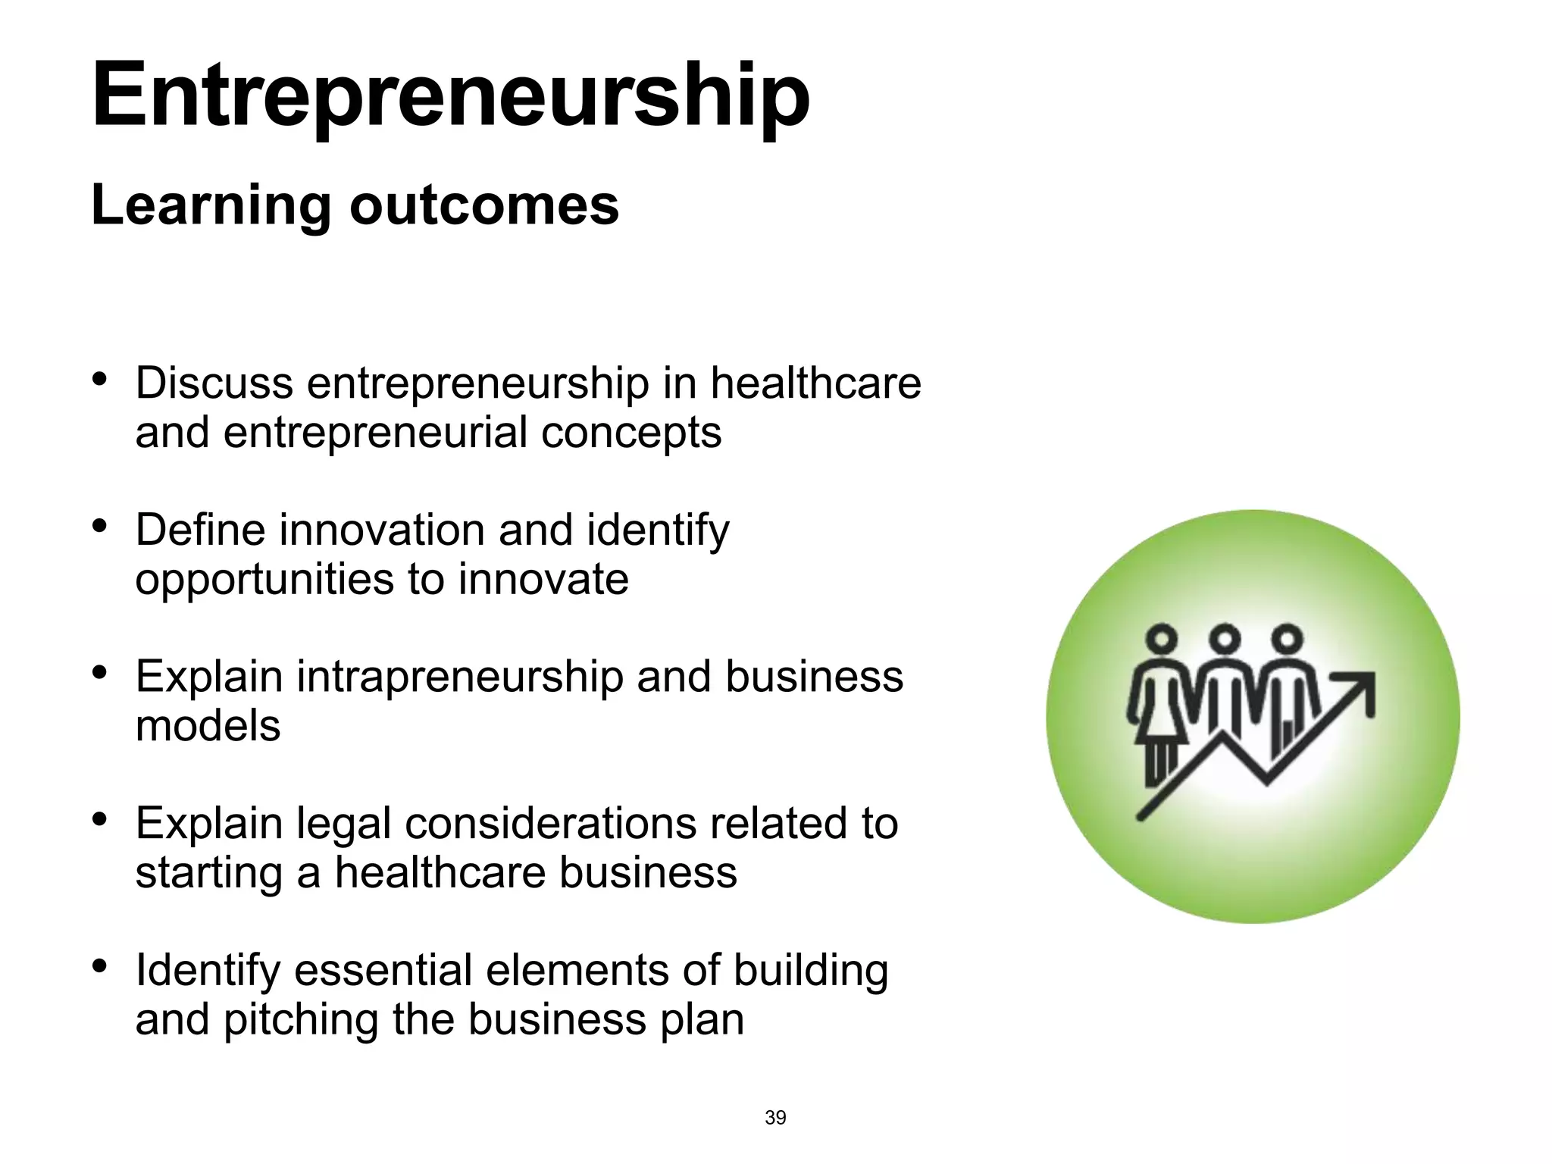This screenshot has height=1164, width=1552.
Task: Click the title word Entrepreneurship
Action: [x=450, y=97]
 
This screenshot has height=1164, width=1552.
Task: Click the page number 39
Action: [x=775, y=1118]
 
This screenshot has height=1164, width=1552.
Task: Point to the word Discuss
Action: [x=214, y=383]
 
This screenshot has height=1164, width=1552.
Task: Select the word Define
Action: [x=200, y=529]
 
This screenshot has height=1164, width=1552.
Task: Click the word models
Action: [x=208, y=726]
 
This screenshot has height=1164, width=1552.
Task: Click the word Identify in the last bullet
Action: [x=208, y=971]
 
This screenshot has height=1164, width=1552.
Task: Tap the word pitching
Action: [x=300, y=1020]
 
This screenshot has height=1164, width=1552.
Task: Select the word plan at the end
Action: [x=702, y=1020]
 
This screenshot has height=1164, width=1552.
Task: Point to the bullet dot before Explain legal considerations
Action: [x=99, y=819]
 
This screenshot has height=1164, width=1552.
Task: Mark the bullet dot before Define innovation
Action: [x=99, y=525]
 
